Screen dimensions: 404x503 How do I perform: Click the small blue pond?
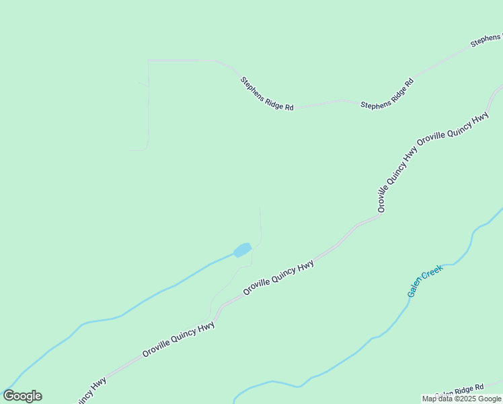pos(242,250)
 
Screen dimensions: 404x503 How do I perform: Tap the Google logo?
pos(22,396)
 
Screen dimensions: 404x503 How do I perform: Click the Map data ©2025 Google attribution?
pos(462,399)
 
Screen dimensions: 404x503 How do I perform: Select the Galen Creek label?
pos(425,282)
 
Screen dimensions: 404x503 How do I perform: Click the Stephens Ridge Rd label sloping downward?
pos(267,94)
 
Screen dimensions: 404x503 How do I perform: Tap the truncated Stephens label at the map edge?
pos(486,40)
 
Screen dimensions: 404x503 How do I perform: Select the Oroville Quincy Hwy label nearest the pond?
pos(278,277)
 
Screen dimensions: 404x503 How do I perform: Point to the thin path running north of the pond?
pos(260,222)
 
